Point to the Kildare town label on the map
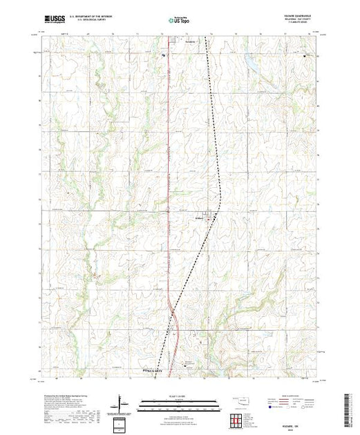pos(198,220)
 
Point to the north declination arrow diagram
pos(122,402)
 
